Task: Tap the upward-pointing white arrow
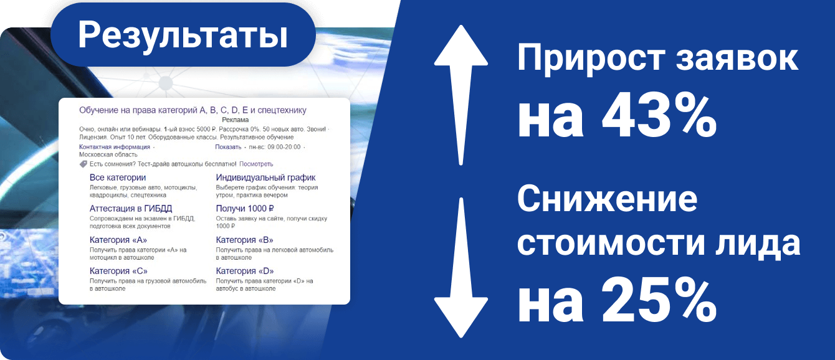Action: (461, 95)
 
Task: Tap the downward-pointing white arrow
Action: (461, 268)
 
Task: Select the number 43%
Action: (659, 116)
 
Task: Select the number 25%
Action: (659, 300)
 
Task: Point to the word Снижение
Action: (607, 199)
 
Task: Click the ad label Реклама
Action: (235, 120)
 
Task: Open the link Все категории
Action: (117, 178)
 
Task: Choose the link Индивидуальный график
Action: (265, 178)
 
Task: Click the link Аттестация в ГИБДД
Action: (131, 209)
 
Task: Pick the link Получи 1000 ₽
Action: (244, 209)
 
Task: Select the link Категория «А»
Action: (118, 240)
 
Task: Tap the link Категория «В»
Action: (244, 240)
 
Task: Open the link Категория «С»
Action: (118, 271)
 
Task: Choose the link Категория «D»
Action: (245, 271)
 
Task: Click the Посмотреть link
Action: (256, 164)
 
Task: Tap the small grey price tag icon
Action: (83, 164)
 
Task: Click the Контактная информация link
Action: (115, 147)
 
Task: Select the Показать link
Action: (228, 147)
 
